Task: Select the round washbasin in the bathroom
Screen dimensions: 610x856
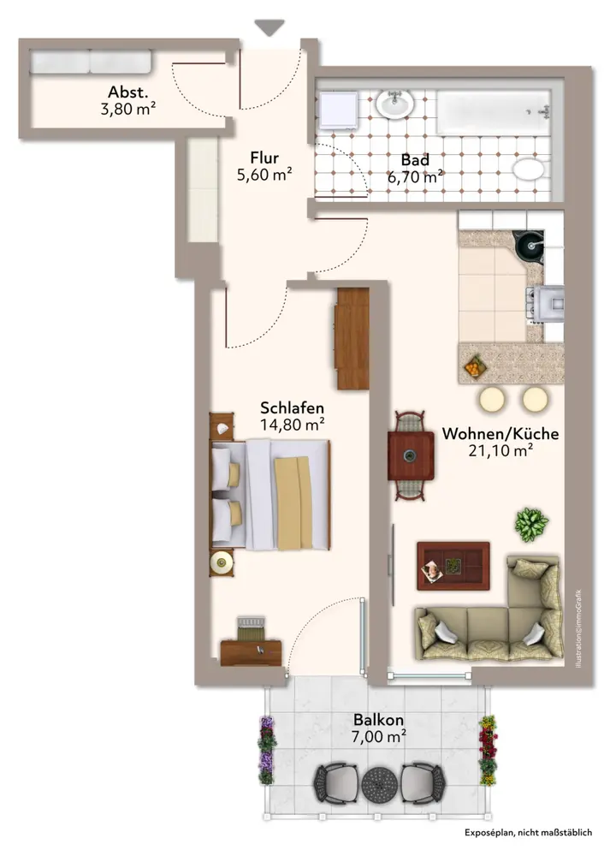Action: pos(394,104)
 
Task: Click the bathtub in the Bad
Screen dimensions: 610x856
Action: pos(494,112)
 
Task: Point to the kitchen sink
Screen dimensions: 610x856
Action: pos(529,244)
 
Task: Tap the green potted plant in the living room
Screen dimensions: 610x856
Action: pos(531,524)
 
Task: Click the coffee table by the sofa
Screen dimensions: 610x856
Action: pos(453,566)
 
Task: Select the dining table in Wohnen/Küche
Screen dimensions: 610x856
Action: pos(412,456)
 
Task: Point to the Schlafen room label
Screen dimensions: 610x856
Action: pos(292,407)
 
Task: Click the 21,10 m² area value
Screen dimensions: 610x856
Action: pos(500,450)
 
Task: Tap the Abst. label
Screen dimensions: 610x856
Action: pos(127,92)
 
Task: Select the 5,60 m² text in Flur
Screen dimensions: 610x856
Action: pos(264,175)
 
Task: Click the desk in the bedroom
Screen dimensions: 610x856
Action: pos(251,653)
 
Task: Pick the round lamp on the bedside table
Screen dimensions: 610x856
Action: pos(221,562)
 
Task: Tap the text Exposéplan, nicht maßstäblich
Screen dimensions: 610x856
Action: pos(528,833)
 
